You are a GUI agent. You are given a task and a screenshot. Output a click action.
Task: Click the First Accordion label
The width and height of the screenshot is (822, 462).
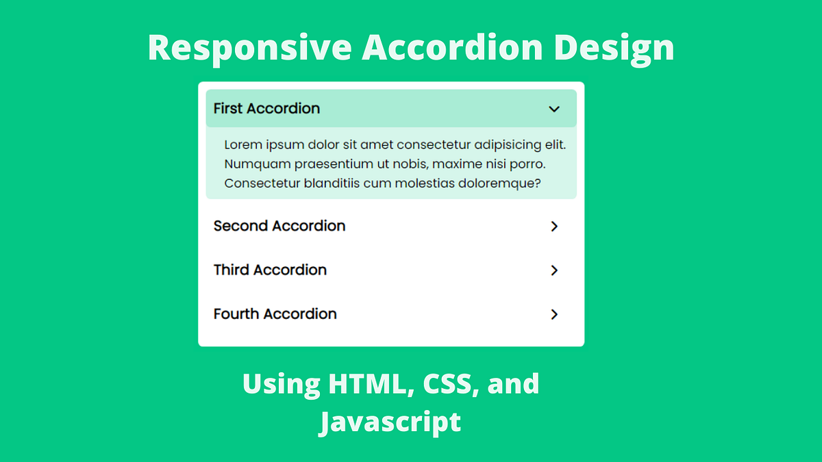266,108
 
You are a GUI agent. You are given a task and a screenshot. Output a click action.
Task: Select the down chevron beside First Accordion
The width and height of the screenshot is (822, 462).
554,109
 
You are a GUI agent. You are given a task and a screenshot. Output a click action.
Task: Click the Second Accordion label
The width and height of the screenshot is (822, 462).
279,226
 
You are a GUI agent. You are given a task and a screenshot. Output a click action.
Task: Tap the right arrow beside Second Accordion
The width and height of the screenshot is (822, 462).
554,227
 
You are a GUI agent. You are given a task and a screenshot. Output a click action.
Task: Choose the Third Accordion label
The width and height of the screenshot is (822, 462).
270,270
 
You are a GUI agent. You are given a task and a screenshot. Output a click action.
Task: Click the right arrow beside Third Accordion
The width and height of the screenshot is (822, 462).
554,270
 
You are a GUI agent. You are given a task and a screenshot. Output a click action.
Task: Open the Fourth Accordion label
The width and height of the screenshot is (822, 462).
275,313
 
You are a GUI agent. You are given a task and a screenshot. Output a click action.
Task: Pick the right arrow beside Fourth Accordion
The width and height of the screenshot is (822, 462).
554,314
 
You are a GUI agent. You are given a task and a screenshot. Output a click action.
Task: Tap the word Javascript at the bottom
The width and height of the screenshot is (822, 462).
390,422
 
